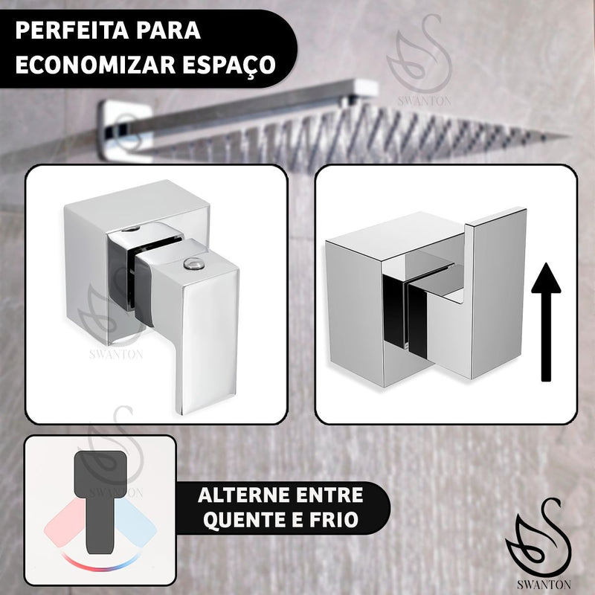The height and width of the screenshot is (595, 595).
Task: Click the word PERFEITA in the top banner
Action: pyautogui.click(x=70, y=30)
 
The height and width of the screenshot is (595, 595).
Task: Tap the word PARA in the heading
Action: pyautogui.click(x=169, y=30)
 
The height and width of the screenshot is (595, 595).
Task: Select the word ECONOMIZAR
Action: pyautogui.click(x=95, y=65)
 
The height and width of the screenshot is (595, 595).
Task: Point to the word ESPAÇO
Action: pyautogui.click(x=229, y=65)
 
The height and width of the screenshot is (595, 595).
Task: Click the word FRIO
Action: pyautogui.click(x=334, y=519)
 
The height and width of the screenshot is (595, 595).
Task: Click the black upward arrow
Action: pyautogui.click(x=546, y=322)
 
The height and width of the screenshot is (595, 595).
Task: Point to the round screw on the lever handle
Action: pyautogui.click(x=193, y=263)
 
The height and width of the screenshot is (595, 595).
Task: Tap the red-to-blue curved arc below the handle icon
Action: pyautogui.click(x=100, y=565)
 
